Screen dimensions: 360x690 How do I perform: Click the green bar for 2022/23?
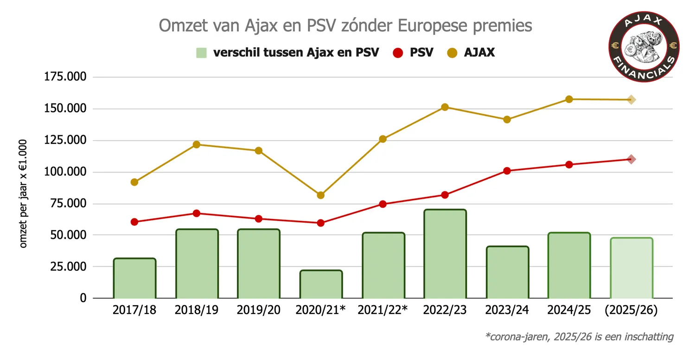point(445,254)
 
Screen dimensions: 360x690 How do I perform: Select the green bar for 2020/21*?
point(321,284)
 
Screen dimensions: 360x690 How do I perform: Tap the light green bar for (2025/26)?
point(631,268)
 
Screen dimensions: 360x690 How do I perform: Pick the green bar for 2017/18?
point(134,278)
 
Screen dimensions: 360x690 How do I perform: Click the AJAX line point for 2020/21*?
point(321,195)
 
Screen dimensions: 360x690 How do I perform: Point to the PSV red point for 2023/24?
point(507,171)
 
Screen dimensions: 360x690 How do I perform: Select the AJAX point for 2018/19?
point(196,144)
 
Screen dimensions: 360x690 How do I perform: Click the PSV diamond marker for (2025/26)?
point(631,159)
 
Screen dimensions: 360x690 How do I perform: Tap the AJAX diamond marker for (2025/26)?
point(631,100)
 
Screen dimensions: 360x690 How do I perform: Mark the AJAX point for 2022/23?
point(445,107)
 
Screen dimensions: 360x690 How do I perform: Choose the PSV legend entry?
point(413,52)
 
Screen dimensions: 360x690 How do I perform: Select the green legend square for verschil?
point(201,52)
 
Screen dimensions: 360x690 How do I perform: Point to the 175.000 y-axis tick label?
point(65,77)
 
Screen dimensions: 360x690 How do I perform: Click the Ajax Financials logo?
point(644,47)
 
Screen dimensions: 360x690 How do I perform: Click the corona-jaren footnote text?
point(579,336)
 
